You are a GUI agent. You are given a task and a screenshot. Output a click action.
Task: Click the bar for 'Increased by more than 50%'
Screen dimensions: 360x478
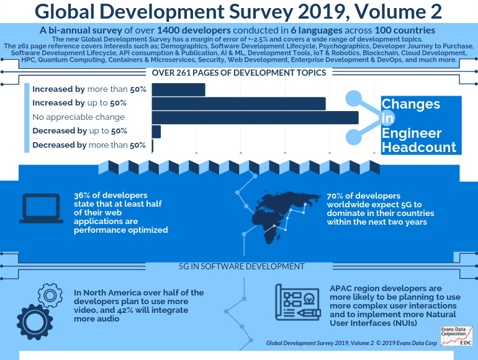pyautogui.click(x=178, y=89)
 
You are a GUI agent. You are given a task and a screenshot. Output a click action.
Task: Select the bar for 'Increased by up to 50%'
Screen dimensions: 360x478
pyautogui.click(x=238, y=104)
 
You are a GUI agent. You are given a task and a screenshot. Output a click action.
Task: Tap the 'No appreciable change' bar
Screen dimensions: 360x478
pyautogui.click(x=255, y=117)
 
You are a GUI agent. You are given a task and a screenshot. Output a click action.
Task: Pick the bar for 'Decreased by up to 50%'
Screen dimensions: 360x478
pyautogui.click(x=156, y=132)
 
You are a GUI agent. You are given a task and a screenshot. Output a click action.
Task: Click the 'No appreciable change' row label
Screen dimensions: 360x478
pyautogui.click(x=79, y=117)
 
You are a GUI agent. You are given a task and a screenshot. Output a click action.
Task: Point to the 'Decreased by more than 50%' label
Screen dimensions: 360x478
pyautogui.click(x=88, y=145)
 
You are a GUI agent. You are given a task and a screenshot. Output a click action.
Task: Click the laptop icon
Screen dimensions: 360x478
pyautogui.click(x=41, y=208)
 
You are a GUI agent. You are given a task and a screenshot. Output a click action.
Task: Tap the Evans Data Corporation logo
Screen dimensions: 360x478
pyautogui.click(x=456, y=335)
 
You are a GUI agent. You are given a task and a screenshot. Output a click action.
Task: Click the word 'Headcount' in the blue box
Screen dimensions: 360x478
pyautogui.click(x=418, y=147)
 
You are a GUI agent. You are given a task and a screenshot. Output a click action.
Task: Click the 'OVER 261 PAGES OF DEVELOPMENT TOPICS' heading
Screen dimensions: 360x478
pyautogui.click(x=239, y=73)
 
